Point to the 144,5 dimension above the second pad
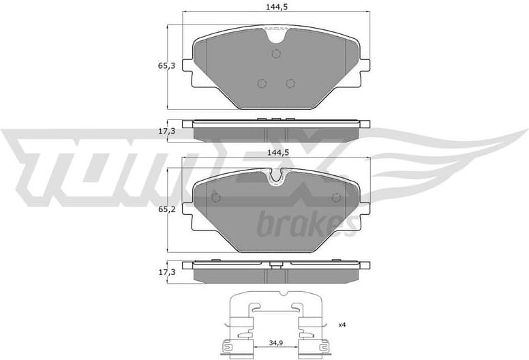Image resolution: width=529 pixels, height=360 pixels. [275, 153]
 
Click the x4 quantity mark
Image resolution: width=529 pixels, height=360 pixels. [342, 325]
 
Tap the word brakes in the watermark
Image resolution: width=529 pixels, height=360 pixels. [305, 223]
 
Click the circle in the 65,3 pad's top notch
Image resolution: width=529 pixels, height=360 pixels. [276, 54]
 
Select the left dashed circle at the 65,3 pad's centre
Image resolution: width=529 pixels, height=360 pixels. [261, 83]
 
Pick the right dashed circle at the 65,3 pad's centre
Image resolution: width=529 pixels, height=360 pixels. [290, 83]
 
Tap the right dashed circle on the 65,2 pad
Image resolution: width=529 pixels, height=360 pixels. [335, 198]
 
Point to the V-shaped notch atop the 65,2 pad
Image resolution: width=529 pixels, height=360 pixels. [276, 176]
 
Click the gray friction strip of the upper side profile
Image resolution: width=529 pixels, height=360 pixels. [276, 132]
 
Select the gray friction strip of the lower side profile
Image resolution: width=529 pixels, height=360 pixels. [276, 275]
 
